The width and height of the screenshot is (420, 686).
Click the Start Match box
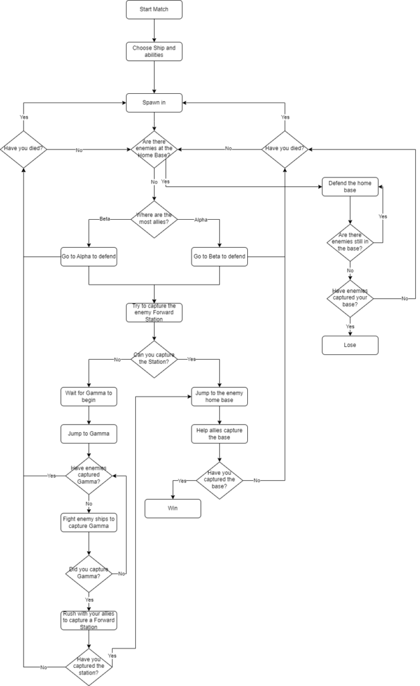coord(154,10)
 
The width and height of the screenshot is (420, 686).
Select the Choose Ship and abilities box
coord(154,52)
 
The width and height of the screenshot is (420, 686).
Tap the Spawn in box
coord(154,102)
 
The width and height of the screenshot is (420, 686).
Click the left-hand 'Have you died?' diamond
coord(23,149)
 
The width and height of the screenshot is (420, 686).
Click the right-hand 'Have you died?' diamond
coord(285,149)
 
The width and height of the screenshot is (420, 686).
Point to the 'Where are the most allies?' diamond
coord(154,219)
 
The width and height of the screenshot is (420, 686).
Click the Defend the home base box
coord(350,187)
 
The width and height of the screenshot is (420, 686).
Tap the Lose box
coord(350,345)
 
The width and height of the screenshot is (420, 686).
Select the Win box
coord(173,508)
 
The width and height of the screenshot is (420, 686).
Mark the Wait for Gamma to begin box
coord(88,396)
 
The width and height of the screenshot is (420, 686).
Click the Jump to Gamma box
coord(88,433)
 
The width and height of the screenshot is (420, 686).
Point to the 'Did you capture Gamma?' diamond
coord(88,573)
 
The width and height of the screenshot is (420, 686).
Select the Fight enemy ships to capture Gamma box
coord(88,522)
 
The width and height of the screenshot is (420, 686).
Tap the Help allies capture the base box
coord(219,433)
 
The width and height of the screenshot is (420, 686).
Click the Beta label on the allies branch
coord(104,219)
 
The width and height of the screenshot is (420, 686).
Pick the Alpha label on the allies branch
coord(202,219)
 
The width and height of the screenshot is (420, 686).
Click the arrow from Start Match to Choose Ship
coord(154,31)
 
